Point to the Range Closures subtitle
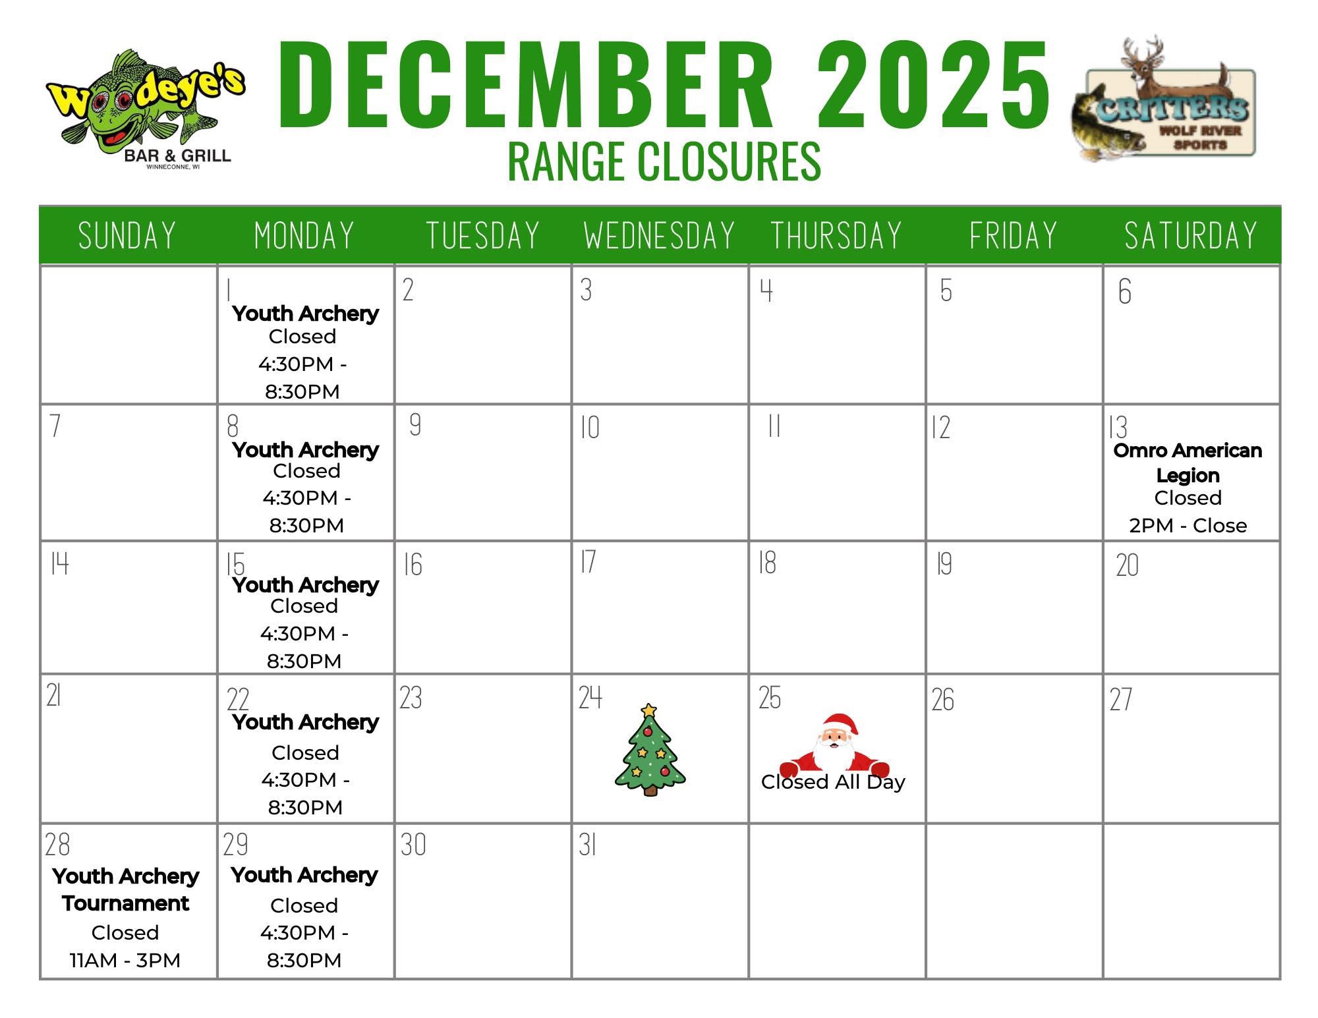click(x=664, y=161)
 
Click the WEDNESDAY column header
click(x=660, y=236)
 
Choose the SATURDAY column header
click(x=1191, y=236)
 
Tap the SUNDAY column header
click(x=127, y=236)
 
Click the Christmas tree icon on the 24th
click(x=650, y=750)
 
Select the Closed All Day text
click(x=833, y=782)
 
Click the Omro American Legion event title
click(x=1188, y=463)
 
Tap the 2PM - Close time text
click(x=1188, y=526)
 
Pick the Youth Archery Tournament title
click(x=125, y=890)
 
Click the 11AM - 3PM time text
click(x=125, y=961)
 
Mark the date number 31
click(x=588, y=845)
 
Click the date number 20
click(x=1128, y=565)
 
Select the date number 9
click(x=415, y=425)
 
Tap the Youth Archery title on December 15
click(x=305, y=585)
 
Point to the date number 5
click(x=946, y=291)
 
